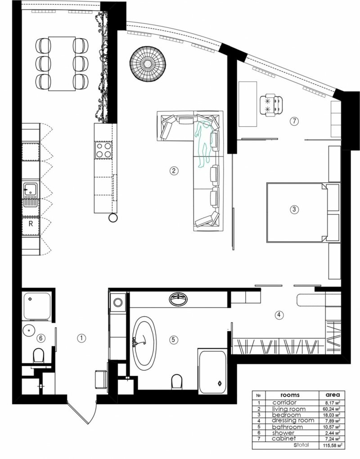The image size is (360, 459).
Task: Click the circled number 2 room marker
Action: [174, 171]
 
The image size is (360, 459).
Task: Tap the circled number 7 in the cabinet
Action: [294, 121]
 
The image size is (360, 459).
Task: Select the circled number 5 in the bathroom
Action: [174, 340]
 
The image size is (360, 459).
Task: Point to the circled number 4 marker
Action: [279, 315]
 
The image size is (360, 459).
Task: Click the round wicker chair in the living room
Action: [148, 63]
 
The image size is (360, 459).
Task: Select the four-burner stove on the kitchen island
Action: [104, 150]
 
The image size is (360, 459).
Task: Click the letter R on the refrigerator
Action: [31, 224]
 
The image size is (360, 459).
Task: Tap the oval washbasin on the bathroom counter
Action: [178, 299]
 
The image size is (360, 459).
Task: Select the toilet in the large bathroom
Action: [177, 382]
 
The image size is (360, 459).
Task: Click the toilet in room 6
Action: [39, 355]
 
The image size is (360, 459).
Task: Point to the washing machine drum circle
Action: [118, 302]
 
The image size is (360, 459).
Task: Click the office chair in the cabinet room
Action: [271, 105]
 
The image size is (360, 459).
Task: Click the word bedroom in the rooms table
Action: [286, 415]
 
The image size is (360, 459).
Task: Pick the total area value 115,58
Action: [330, 445]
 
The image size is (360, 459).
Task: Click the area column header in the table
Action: [333, 395]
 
